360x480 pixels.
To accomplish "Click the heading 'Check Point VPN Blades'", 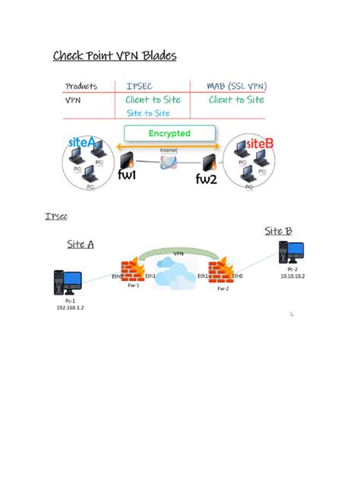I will [114, 55].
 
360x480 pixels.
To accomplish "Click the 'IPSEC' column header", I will [139, 87].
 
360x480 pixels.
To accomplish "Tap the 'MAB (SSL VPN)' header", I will [236, 87].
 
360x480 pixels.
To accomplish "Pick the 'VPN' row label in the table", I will [74, 99].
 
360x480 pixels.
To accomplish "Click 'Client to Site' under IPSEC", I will [153, 99].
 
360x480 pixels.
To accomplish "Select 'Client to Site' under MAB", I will [236, 99].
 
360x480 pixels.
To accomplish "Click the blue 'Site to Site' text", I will [148, 112].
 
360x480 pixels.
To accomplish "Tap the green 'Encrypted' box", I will [169, 134].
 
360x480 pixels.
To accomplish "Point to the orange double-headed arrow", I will [169, 146].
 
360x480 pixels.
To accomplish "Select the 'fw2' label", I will [207, 179].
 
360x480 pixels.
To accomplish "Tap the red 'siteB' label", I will [260, 142].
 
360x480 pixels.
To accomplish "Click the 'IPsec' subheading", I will [56, 216].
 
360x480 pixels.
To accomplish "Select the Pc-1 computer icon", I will [65, 283].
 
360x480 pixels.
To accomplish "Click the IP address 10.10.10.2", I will [291, 276].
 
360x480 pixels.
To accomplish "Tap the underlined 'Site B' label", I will [278, 231].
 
